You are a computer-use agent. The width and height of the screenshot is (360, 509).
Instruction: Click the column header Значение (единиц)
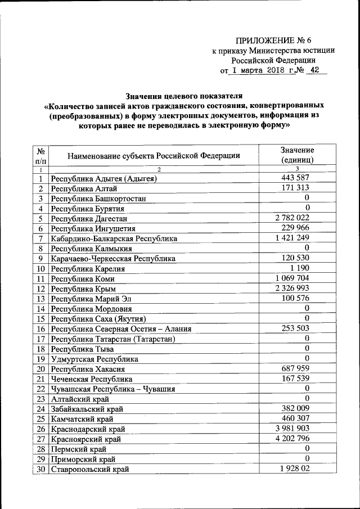pyautogui.click(x=296, y=155)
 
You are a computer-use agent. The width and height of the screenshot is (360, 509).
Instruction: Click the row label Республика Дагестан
pyautogui.click(x=89, y=218)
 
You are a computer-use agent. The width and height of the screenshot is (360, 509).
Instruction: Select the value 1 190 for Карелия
pyautogui.click(x=299, y=268)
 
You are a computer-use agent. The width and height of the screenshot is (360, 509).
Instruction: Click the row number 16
pyautogui.click(x=40, y=329)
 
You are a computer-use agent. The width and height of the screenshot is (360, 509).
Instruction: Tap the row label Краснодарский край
pyautogui.click(x=88, y=429)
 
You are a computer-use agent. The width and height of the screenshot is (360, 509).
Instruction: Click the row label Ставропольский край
pyautogui.click(x=89, y=469)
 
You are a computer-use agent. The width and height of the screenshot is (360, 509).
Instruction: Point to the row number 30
pyautogui.click(x=40, y=469)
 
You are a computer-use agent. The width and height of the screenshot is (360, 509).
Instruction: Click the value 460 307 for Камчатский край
pyautogui.click(x=296, y=418)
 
